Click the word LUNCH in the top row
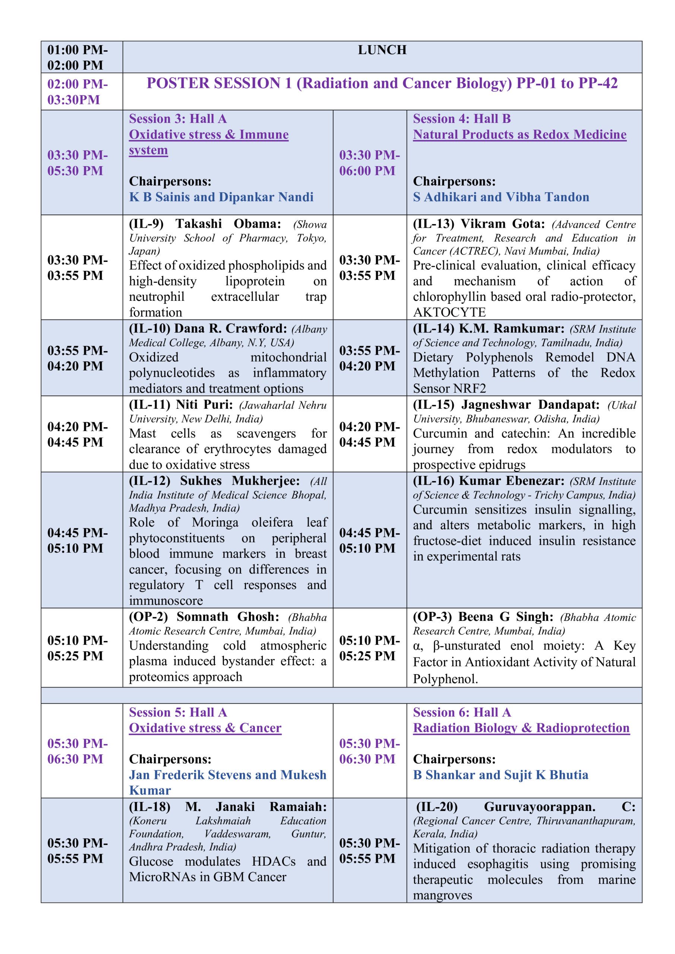pyautogui.click(x=382, y=50)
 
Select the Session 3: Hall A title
pyautogui.click(x=177, y=119)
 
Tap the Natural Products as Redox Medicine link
pyautogui.click(x=520, y=135)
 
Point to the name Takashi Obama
pyautogui.click(x=228, y=224)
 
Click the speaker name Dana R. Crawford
pyautogui.click(x=230, y=328)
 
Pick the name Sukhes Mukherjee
pyautogui.click(x=239, y=481)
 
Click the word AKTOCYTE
pyautogui.click(x=449, y=312)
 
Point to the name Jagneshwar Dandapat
pyautogui.click(x=530, y=405)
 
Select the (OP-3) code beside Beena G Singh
pyautogui.click(x=432, y=617)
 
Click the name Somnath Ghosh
pyautogui.click(x=228, y=617)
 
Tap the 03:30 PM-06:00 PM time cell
pyautogui.click(x=369, y=162)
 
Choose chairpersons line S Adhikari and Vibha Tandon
pyautogui.click(x=501, y=197)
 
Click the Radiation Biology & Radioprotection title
pyautogui.click(x=521, y=728)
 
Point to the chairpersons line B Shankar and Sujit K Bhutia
pyautogui.click(x=501, y=775)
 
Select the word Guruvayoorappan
pyautogui.click(x=539, y=807)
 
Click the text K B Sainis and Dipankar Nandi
pyautogui.click(x=221, y=197)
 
